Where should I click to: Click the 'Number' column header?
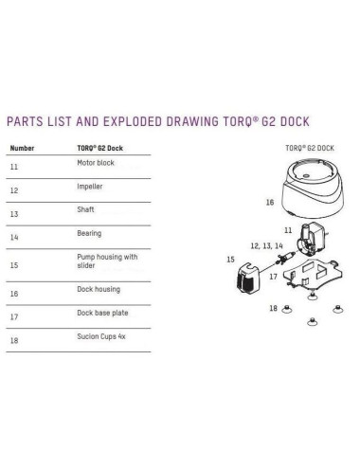[x=23, y=149]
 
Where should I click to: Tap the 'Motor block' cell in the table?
[x=94, y=163]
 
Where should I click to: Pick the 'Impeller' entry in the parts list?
[x=89, y=187]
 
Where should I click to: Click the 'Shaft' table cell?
[x=84, y=209]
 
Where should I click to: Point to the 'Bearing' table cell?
[x=88, y=232]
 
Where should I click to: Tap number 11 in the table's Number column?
[x=15, y=167]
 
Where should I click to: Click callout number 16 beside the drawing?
[x=270, y=203]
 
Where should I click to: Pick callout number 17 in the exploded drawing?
[x=273, y=277]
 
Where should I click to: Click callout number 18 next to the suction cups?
[x=273, y=309]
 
